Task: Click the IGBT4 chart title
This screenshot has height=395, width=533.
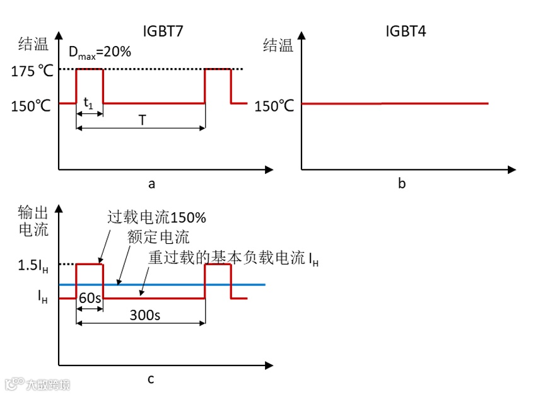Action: coord(405,30)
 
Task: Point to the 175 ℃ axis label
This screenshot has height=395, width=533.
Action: coord(32,71)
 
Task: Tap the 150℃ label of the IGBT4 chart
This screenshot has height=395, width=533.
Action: coord(274,106)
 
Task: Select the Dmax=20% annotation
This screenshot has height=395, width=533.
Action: coord(100,52)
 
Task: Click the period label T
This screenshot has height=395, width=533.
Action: coord(142,120)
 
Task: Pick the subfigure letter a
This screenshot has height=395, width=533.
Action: coord(151,184)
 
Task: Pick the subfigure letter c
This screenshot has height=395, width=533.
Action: coord(151,379)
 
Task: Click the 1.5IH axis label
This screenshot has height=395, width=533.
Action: coord(33,265)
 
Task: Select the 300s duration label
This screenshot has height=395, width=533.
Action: coord(142,314)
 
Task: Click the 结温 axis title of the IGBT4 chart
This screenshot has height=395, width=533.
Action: coord(278,45)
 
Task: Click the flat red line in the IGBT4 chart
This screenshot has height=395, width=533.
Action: coord(395,103)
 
